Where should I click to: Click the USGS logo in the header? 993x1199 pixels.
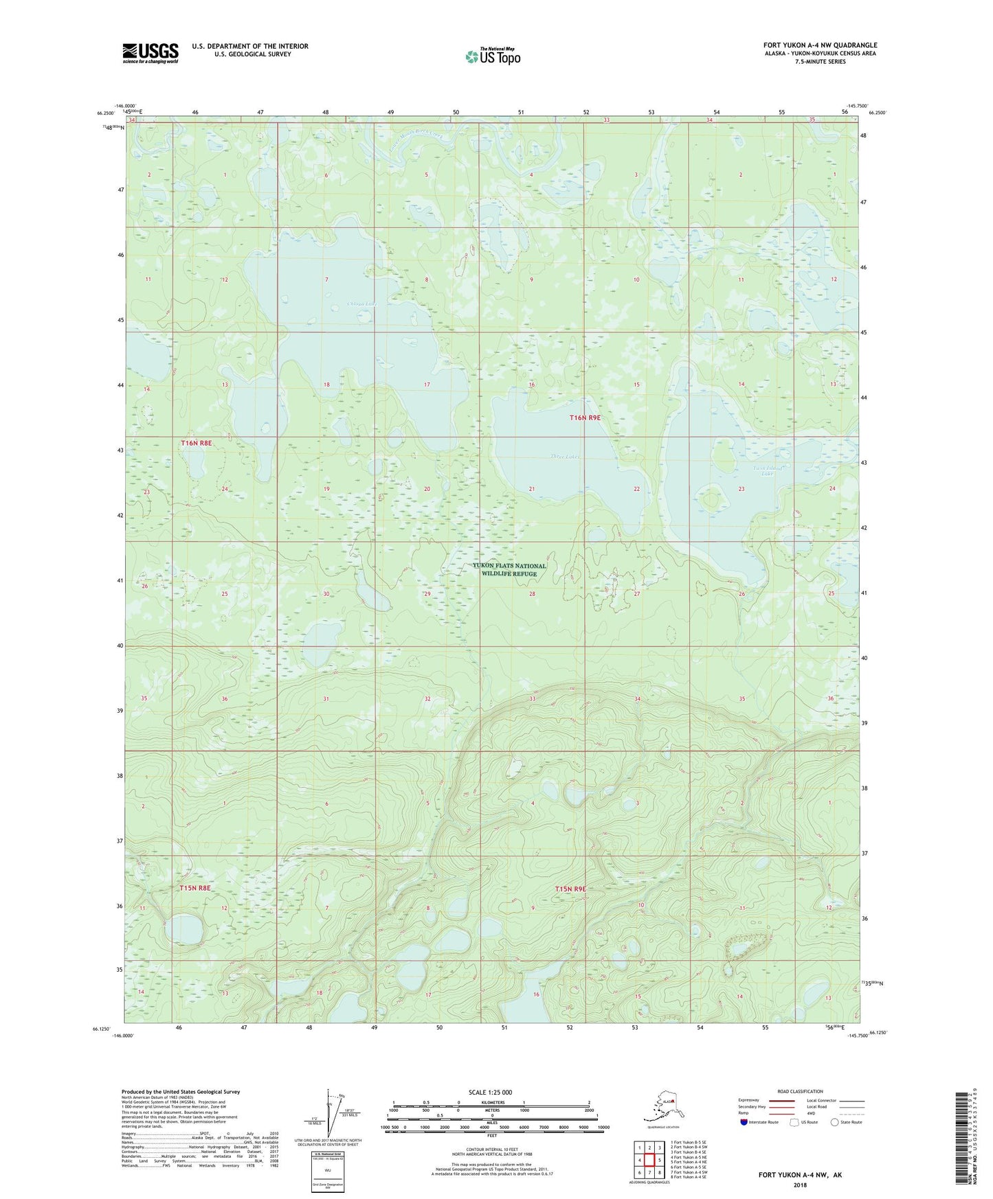(x=150, y=53)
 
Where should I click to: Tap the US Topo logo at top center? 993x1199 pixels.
(x=493, y=56)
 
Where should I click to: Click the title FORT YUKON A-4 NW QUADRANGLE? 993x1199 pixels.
(x=820, y=45)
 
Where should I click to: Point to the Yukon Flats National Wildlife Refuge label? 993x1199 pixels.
(x=509, y=570)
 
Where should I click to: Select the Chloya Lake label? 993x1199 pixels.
(x=362, y=304)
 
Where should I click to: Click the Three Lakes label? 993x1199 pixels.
(x=565, y=457)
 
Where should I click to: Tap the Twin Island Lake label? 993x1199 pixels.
(x=768, y=470)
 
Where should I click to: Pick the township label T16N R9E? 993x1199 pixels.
(x=585, y=418)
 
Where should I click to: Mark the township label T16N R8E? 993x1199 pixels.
(x=197, y=444)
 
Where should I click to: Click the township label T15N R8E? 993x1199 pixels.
(x=195, y=888)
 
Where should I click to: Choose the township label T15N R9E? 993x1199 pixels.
(x=571, y=889)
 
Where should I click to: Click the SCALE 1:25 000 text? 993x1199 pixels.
(x=491, y=1092)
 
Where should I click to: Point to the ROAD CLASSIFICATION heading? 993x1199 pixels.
(x=800, y=1091)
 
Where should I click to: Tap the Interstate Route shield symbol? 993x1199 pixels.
(x=744, y=1122)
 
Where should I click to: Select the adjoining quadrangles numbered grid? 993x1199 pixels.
(x=649, y=1159)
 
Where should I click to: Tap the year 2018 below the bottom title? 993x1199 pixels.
(x=800, y=1185)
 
